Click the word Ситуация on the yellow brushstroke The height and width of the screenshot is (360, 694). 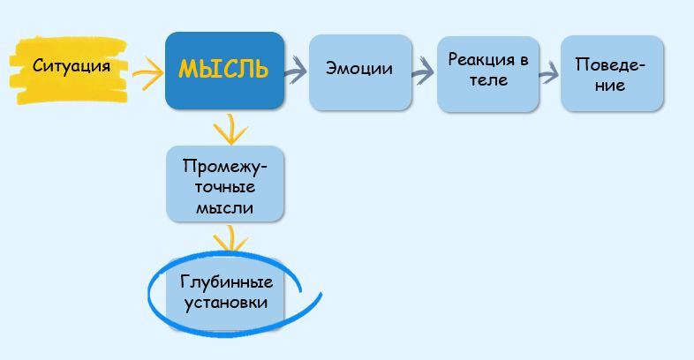[72, 66]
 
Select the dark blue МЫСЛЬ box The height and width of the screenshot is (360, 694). [224, 71]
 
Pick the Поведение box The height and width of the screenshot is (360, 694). [611, 73]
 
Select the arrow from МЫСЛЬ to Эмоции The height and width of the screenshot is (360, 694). [296, 68]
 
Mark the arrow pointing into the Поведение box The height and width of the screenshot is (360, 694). [549, 72]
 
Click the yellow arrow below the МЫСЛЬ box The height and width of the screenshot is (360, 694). [230, 131]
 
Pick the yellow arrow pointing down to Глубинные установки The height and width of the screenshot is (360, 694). [230, 239]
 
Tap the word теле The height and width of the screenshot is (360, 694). [488, 81]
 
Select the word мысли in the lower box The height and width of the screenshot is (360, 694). [225, 208]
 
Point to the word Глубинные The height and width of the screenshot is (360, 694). [226, 282]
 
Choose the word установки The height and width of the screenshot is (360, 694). [226, 303]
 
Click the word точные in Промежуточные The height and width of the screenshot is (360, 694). [224, 187]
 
